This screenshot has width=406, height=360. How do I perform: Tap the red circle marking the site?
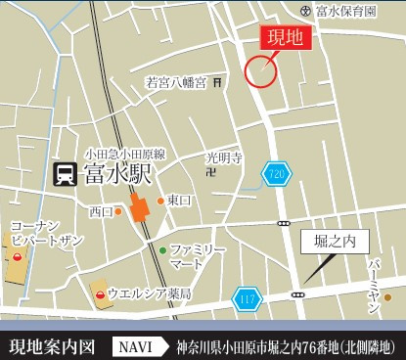pos(260,70)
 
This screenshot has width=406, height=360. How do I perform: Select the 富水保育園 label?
pos(344,11)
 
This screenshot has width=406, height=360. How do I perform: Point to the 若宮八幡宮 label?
pos(176,83)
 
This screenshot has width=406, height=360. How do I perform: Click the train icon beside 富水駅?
pos(65,175)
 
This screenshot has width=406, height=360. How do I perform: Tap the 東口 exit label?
pos(177,200)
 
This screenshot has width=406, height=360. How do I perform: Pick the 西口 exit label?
pos(101,210)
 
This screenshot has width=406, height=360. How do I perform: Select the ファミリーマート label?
pos(199,256)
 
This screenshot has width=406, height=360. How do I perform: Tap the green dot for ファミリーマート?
pos(162,249)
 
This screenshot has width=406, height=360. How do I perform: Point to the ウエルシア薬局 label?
pos(149,293)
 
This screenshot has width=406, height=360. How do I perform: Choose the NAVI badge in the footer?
pos(137,345)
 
